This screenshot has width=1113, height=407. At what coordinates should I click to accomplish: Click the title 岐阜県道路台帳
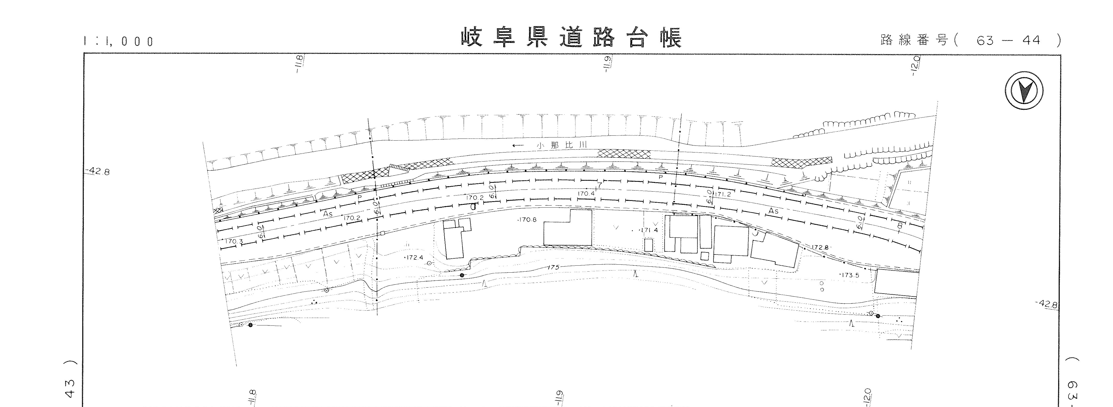point(571,38)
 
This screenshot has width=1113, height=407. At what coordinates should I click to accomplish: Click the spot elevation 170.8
point(527,220)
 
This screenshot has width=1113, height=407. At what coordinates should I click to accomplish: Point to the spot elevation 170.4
point(586,194)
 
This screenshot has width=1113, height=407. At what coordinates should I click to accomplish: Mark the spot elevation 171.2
point(722,194)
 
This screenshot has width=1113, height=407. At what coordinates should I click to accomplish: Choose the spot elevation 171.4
point(648,230)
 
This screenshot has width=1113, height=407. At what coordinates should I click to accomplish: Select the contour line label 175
point(553,267)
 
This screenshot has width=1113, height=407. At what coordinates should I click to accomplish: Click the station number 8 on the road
point(900,226)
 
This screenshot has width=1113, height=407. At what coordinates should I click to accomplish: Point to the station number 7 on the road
point(599,185)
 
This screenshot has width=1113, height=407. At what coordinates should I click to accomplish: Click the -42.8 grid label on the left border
point(99,172)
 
